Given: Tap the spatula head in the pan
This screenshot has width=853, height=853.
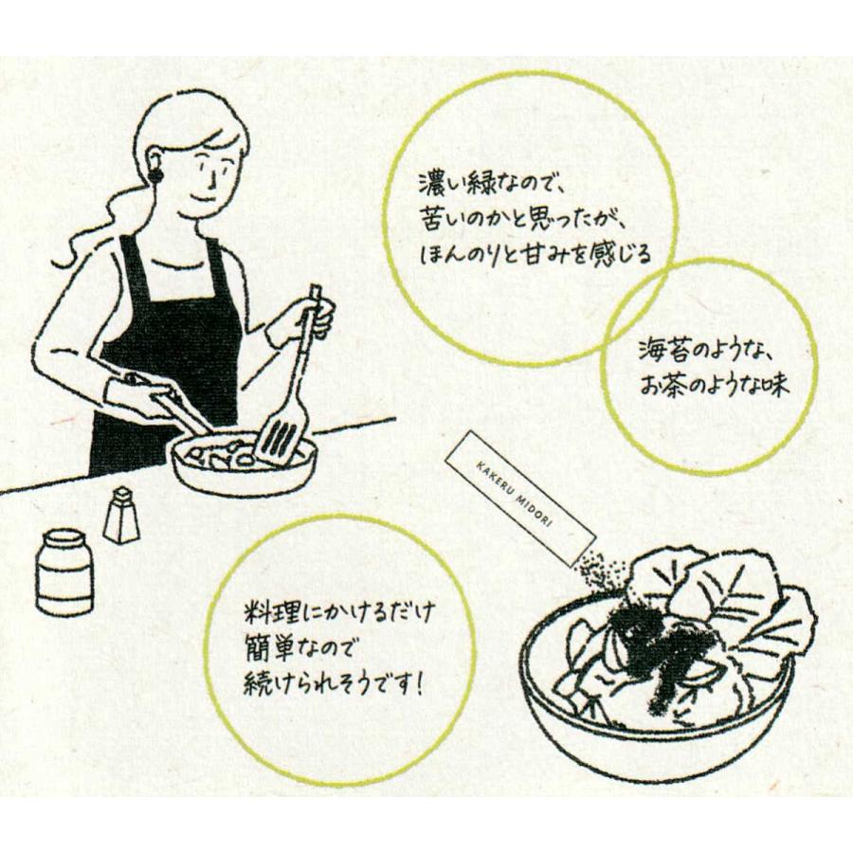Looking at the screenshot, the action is point(281,437).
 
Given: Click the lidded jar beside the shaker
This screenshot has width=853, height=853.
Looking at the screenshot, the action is point(65,572).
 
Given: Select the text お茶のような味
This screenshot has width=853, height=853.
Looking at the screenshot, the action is point(714,388).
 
